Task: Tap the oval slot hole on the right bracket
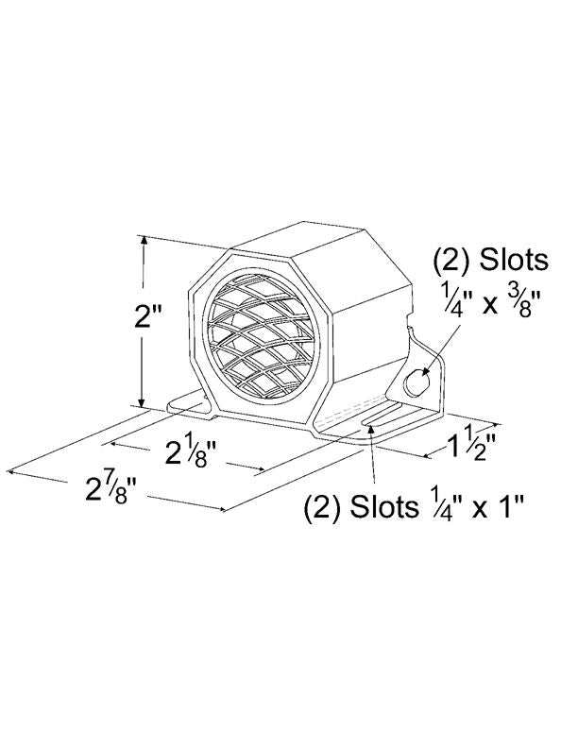click(x=416, y=382)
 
